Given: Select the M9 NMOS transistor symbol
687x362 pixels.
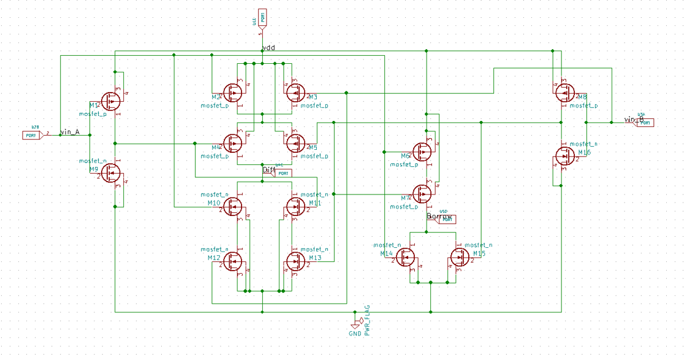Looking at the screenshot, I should [111, 174].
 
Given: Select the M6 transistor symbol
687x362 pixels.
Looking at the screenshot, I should [422, 151].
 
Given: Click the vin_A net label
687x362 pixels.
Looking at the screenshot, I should [70, 132].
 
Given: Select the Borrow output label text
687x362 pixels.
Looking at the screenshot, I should [439, 217].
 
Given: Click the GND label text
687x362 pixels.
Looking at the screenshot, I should [355, 334].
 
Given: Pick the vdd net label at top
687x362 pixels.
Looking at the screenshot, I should [269, 48].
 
